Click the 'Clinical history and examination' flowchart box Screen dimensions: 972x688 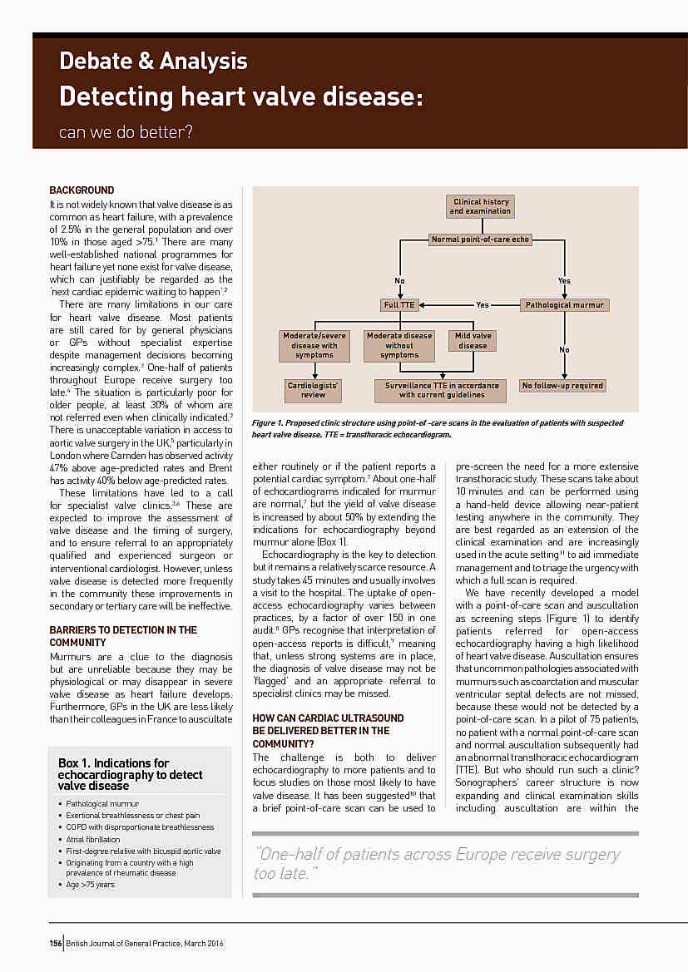(480, 206)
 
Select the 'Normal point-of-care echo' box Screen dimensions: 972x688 (480, 239)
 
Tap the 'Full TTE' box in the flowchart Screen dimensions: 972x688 (399, 305)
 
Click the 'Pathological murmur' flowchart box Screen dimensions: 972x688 (564, 305)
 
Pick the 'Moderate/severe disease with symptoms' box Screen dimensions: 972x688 (314, 345)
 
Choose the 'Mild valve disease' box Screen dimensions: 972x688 (473, 341)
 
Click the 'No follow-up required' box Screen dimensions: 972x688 (563, 386)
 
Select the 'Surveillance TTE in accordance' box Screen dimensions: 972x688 (442, 390)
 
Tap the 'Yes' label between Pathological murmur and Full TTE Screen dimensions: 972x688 (483, 305)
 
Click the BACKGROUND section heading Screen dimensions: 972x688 (82, 190)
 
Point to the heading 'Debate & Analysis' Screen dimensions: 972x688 (153, 61)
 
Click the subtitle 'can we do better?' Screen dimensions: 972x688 (126, 131)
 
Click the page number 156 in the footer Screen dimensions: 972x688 (56, 943)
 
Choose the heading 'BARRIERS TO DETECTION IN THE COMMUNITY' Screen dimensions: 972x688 (123, 636)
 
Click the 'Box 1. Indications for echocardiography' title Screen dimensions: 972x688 (131, 774)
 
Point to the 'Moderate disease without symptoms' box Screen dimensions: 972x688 (399, 345)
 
